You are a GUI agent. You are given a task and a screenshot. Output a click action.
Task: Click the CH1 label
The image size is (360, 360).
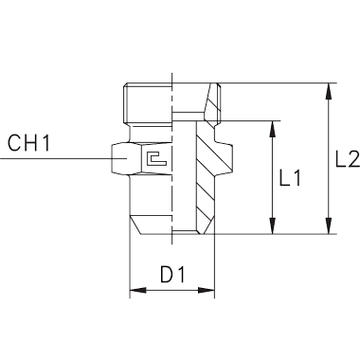point(28,143)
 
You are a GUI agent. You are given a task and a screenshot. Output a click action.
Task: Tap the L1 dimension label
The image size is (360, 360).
point(290,177)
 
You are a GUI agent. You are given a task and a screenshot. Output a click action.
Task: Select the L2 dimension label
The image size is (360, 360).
point(347,159)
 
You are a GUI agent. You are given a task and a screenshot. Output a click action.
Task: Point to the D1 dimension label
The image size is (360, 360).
point(172,274)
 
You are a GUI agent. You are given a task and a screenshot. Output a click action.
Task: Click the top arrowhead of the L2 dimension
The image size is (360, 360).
point(329,92)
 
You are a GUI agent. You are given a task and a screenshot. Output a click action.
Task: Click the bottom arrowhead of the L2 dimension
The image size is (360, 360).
point(329,225)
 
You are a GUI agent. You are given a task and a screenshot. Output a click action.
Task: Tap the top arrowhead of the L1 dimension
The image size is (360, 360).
point(272,130)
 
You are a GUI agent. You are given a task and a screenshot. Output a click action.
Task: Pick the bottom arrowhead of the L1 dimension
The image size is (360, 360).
point(272,225)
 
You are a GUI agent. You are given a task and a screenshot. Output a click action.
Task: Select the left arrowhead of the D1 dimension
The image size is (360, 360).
point(138,290)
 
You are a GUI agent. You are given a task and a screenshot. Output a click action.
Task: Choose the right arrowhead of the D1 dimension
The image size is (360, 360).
point(206,290)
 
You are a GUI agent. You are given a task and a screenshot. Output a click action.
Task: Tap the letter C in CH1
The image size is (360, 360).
point(14,143)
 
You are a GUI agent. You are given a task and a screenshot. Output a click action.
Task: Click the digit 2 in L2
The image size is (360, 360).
point(353,159)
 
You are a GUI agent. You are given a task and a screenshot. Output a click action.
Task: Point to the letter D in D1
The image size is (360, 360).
point(167,274)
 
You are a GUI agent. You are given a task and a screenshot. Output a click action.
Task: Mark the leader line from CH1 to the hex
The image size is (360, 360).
point(63,158)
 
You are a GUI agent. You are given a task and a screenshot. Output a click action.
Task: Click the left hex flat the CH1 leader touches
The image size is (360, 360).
point(119,158)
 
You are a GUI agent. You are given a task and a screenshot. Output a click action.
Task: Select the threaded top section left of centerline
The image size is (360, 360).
point(148,103)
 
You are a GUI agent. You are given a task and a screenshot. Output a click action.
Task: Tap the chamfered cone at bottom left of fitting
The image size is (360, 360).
point(152,225)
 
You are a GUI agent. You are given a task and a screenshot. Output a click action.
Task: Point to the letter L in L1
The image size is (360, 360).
point(284,177)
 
